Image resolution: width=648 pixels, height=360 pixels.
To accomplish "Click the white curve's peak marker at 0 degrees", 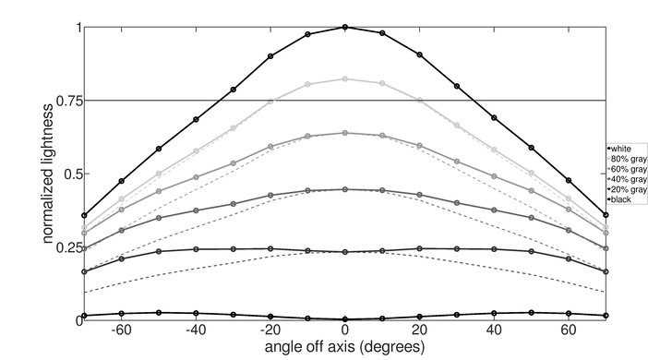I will [x=345, y=27].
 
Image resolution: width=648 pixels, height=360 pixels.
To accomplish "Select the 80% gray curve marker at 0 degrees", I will [x=345, y=79].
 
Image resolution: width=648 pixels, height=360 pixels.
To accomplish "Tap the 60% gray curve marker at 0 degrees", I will [x=345, y=133].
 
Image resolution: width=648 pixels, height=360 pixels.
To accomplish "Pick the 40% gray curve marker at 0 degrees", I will [x=345, y=189].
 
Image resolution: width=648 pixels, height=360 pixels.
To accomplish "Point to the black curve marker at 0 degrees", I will [x=345, y=318].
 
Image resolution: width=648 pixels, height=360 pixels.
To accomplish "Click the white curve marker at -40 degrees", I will [x=196, y=119].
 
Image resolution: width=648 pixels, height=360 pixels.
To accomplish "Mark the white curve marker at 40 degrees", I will [x=495, y=118].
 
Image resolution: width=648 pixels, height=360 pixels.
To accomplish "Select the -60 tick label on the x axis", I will [x=119, y=330].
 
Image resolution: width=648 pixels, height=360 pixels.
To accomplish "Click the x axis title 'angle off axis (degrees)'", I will [x=345, y=347].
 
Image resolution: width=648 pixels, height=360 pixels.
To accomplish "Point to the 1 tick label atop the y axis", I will [x=76, y=28].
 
